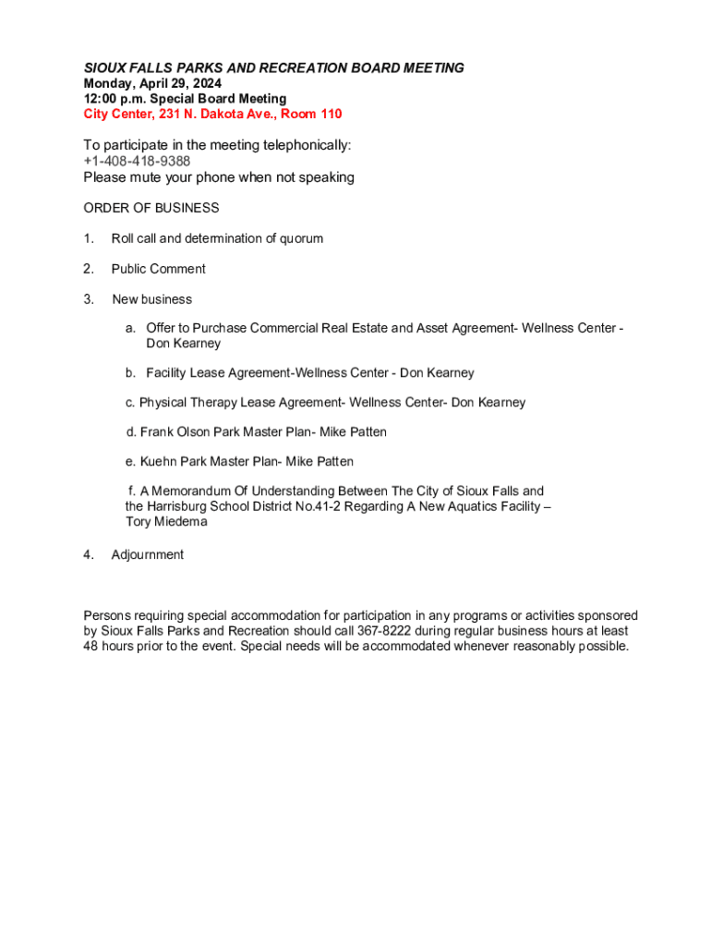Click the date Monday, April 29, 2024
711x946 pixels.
tap(152, 83)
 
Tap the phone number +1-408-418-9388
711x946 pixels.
tap(137, 162)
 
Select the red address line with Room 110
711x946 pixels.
tap(212, 114)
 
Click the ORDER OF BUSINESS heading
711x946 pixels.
tap(151, 208)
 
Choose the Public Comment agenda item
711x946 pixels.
tap(158, 269)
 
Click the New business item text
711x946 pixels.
tap(151, 299)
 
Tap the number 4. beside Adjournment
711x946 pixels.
tap(89, 554)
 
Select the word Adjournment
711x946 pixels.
tap(148, 554)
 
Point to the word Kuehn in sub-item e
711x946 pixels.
tap(159, 462)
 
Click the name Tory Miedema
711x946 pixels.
tap(166, 522)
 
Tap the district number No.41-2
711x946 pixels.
tap(363, 506)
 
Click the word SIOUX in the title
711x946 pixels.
tap(103, 68)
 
